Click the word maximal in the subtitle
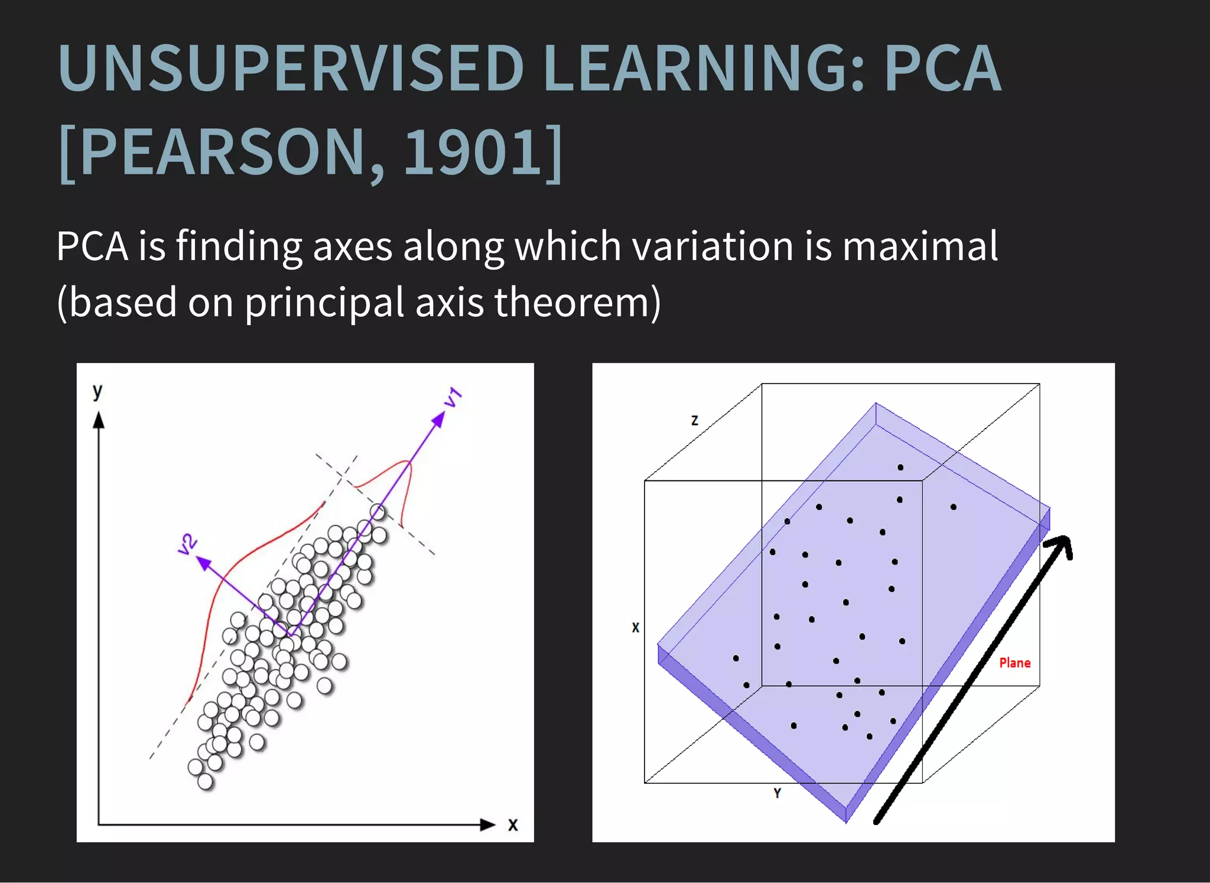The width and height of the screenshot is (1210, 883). click(920, 246)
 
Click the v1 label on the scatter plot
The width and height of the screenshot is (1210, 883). click(453, 397)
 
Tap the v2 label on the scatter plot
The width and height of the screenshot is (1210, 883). click(187, 544)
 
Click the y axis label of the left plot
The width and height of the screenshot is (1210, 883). click(97, 391)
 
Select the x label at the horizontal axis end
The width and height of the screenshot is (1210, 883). click(513, 825)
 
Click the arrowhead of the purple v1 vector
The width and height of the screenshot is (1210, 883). click(438, 419)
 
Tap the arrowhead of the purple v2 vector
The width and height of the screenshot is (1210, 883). click(203, 563)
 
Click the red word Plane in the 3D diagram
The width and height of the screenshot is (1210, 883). click(1014, 663)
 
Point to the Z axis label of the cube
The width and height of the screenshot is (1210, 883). click(695, 420)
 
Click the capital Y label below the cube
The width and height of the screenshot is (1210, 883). click(777, 794)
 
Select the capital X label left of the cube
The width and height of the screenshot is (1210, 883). click(635, 628)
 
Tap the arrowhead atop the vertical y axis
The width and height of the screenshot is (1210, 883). click(99, 420)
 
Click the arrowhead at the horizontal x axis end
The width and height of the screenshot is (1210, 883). click(487, 824)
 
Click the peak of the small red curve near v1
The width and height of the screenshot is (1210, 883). click(408, 461)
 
